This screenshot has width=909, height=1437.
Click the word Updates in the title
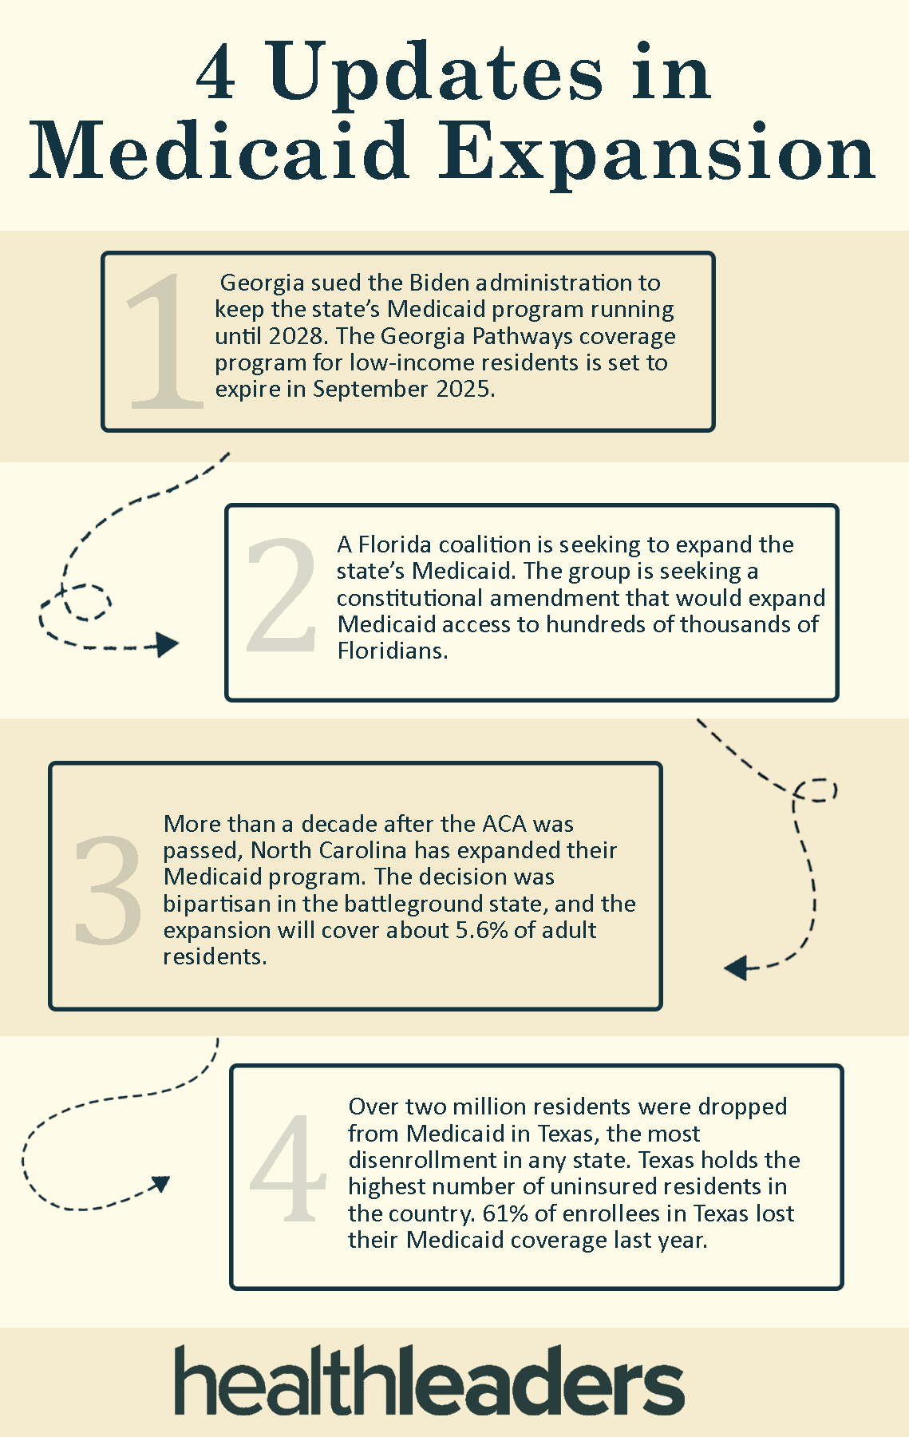pos(436,74)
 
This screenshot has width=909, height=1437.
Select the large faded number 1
pos(164,342)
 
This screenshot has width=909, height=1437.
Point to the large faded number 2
pos(281,596)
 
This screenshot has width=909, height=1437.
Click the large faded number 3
pos(108,889)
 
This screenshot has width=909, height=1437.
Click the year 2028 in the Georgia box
pos(292,335)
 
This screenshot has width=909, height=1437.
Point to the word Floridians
pos(391,651)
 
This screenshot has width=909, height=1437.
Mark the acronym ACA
pos(505,823)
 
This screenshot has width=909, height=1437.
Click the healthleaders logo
pos(429,1380)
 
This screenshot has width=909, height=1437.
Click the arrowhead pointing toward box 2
pos(167,644)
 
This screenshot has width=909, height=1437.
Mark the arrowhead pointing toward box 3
pos(735,968)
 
